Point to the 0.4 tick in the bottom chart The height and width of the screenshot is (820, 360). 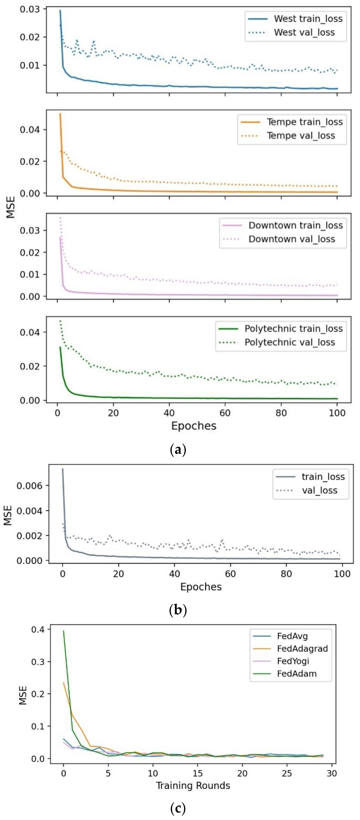tap(38, 629)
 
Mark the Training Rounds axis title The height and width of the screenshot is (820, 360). tap(193, 786)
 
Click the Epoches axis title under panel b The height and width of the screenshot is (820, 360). tap(201, 587)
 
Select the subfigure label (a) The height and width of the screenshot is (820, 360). tap(178, 450)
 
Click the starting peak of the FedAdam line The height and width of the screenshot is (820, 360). tap(64, 631)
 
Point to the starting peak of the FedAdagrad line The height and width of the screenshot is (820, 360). tap(64, 683)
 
